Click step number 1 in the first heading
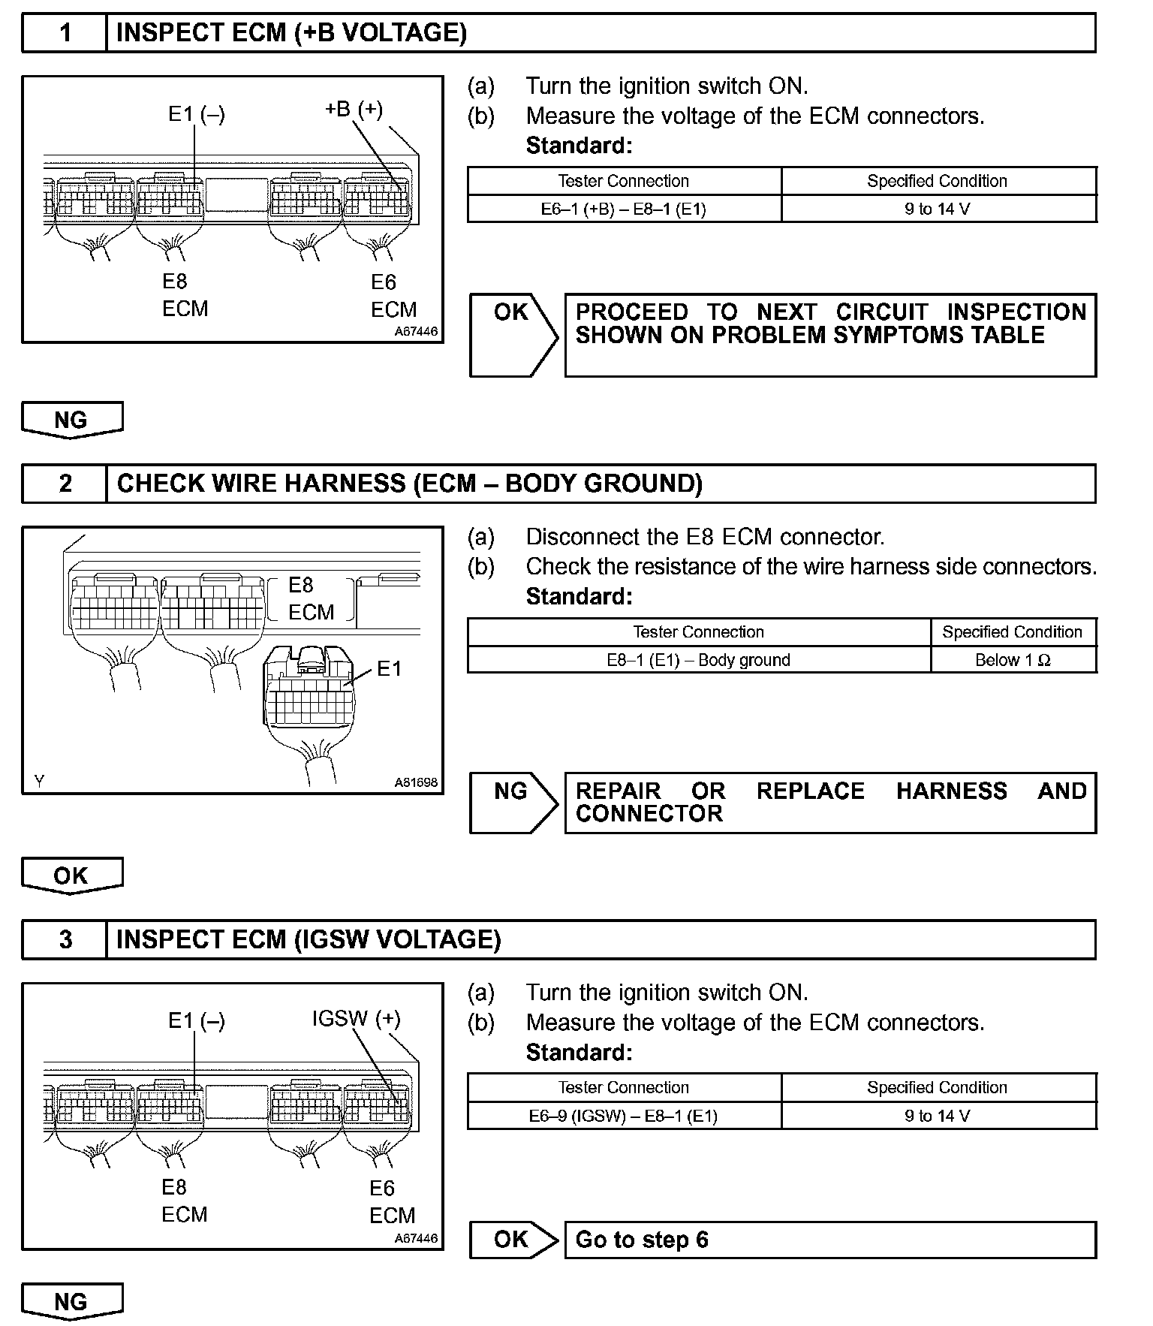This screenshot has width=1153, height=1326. (65, 33)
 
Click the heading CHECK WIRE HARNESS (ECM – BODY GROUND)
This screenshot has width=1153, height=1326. (410, 484)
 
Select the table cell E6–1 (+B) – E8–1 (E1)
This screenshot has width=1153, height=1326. (624, 209)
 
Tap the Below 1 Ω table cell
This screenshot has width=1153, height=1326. (1013, 660)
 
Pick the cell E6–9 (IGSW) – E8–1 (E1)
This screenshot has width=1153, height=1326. (624, 1116)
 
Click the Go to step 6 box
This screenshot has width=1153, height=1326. (829, 1240)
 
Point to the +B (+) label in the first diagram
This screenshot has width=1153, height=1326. (354, 110)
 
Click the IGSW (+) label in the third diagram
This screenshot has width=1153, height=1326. (356, 1019)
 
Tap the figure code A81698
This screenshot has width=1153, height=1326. (416, 782)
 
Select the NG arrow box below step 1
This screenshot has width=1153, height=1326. (71, 420)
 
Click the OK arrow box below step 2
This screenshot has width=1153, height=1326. (71, 875)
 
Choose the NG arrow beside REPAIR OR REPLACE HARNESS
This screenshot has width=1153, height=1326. (513, 802)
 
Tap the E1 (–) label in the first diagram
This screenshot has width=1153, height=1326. (196, 114)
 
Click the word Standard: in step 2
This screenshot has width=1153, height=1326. (579, 596)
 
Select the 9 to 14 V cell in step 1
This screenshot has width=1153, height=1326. (938, 209)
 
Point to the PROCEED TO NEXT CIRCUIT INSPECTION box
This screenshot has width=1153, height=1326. (829, 334)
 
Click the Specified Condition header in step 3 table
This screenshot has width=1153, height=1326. (938, 1087)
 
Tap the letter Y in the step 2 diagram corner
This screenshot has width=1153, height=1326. (39, 782)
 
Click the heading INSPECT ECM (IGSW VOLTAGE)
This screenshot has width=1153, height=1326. (309, 940)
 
